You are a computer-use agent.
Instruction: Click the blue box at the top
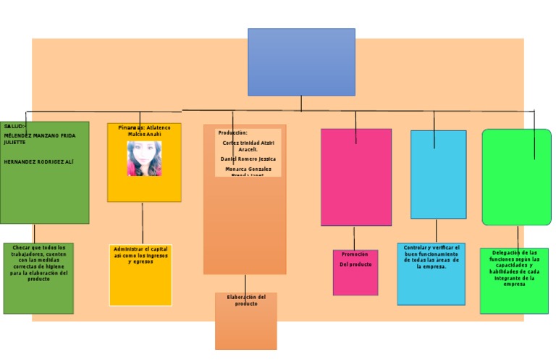point(301,62)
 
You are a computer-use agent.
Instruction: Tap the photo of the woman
point(144,159)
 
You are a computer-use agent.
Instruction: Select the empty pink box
point(355,177)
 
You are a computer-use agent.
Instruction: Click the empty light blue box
point(438,175)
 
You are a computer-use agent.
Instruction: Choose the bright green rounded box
point(516,177)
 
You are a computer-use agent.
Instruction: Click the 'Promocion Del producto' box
point(355,272)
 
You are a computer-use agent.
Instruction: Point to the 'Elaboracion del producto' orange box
point(246,321)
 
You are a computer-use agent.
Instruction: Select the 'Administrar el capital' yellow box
point(140,275)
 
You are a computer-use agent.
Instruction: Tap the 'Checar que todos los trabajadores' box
point(38,278)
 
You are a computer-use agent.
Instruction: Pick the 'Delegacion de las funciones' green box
point(514,281)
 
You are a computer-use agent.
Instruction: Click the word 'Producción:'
point(232,133)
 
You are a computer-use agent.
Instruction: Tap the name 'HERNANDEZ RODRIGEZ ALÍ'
point(38,162)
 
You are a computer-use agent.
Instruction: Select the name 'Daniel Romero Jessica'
point(248,159)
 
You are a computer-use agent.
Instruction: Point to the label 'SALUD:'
point(15,126)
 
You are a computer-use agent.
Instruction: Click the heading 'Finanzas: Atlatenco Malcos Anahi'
point(144,131)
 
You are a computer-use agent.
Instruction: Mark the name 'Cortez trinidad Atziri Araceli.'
point(248,146)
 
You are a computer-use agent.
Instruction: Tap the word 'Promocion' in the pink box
point(355,254)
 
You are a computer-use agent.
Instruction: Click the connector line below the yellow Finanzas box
point(143,223)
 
